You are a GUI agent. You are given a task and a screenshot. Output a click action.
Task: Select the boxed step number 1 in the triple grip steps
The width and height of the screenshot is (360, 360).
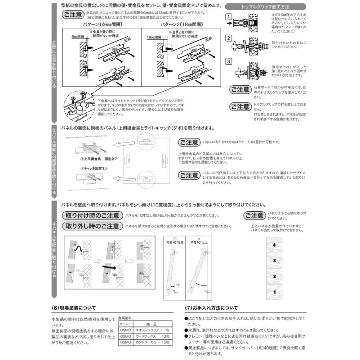click(228, 17)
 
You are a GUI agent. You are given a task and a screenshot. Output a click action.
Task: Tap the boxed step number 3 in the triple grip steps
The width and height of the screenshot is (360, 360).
click(228, 62)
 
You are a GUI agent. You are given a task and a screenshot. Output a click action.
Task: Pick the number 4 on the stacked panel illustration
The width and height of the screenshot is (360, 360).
click(274, 244)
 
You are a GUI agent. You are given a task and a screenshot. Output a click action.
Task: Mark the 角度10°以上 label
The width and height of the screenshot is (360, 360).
click(198, 242)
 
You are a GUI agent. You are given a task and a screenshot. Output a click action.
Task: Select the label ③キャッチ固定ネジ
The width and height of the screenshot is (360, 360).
click(93, 168)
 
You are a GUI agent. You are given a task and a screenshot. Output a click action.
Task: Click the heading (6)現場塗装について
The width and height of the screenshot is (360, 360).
click(74, 308)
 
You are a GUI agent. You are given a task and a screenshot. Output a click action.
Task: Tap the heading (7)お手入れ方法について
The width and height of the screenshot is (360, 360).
click(211, 308)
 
